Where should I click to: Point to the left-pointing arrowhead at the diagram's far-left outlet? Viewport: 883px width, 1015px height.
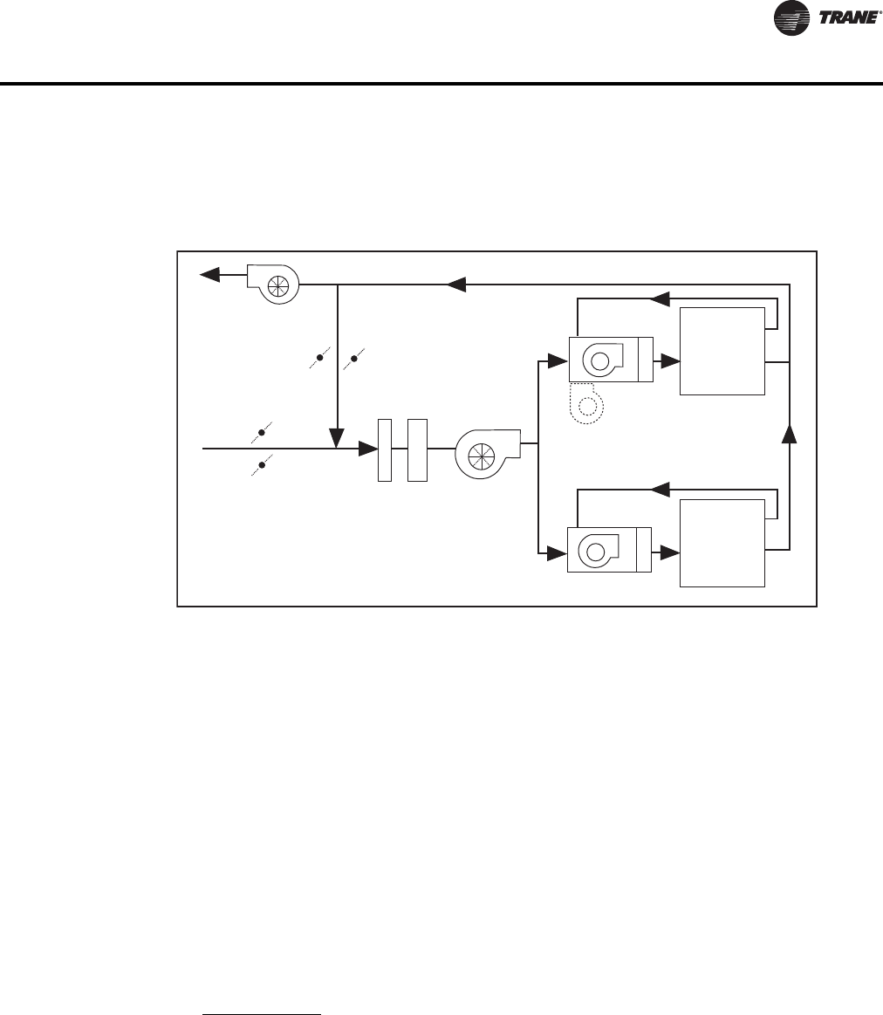click(x=209, y=275)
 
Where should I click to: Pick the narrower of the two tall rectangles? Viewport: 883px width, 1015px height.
click(x=385, y=449)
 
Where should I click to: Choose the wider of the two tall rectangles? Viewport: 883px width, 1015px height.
click(x=417, y=449)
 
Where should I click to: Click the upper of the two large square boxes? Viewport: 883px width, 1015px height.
click(x=722, y=351)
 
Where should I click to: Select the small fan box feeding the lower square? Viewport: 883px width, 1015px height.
click(x=609, y=550)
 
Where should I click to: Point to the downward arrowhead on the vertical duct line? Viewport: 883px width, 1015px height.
click(x=337, y=434)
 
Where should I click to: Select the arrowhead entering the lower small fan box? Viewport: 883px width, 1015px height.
click(x=558, y=551)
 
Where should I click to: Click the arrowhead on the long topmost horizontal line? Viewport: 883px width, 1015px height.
click(x=455, y=283)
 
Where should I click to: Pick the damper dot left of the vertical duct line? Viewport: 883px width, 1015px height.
click(x=320, y=358)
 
